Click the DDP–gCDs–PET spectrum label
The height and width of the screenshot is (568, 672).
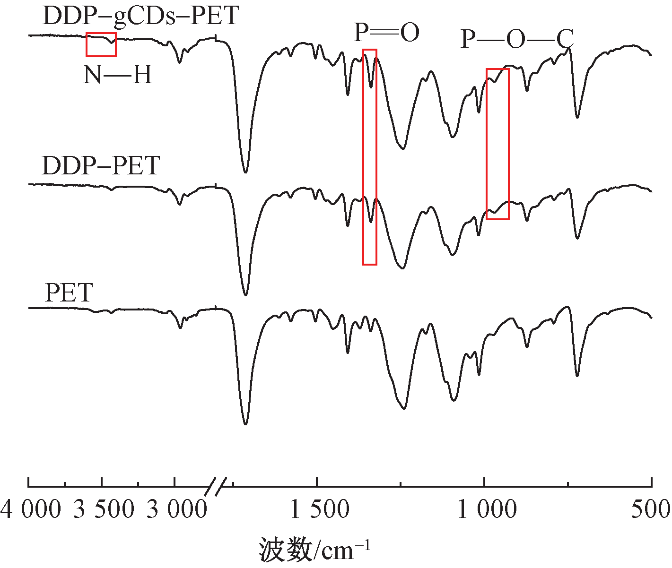(140, 17)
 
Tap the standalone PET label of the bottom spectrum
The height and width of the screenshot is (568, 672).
(69, 293)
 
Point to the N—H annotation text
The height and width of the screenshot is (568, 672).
(118, 75)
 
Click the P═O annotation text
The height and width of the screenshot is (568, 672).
(386, 33)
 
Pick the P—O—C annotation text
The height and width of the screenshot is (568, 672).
(517, 39)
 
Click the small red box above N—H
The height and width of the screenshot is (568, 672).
(101, 44)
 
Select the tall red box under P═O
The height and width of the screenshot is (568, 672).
(370, 157)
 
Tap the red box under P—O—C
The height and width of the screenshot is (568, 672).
(497, 144)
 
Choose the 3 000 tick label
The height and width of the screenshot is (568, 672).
(176, 510)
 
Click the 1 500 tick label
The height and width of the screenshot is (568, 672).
(320, 510)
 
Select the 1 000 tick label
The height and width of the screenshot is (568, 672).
(487, 510)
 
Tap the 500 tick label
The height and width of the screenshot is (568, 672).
(652, 510)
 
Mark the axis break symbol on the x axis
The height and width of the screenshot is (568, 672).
(215, 487)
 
